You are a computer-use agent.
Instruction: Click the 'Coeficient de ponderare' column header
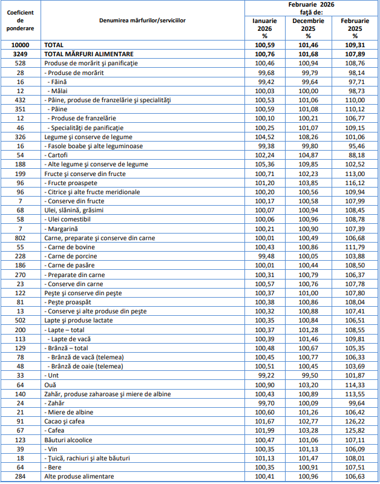21,21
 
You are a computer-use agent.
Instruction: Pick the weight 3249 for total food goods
21,54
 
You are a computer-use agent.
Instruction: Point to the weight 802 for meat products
21,238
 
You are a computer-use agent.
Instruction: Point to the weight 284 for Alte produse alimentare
21,476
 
